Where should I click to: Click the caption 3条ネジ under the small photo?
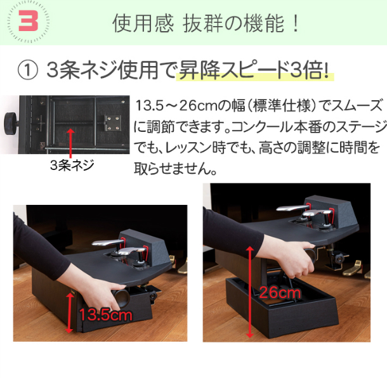pyautogui.click(x=71, y=166)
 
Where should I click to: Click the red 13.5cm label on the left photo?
pyautogui.click(x=105, y=315)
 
